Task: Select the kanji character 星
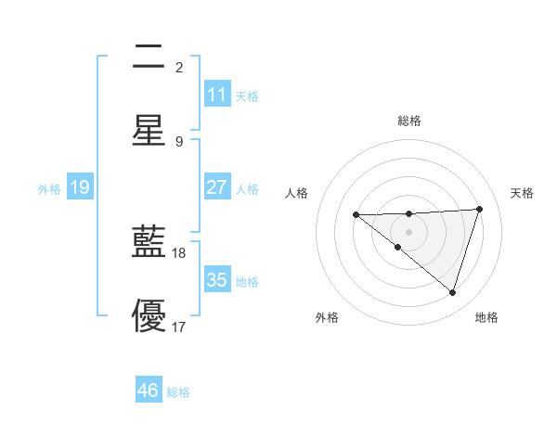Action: click(149, 130)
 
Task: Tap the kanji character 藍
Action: click(149, 244)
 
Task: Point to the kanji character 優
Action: click(149, 316)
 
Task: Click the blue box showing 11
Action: click(216, 95)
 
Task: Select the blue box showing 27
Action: click(216, 187)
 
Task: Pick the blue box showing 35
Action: click(216, 280)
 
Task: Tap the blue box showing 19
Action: click(80, 187)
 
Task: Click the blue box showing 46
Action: click(148, 391)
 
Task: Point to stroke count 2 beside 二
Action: click(178, 67)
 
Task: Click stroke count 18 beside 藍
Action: click(179, 252)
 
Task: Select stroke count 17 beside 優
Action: click(179, 326)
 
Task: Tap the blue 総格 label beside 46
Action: click(178, 392)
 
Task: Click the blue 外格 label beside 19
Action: click(49, 188)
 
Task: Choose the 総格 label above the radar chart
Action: click(409, 121)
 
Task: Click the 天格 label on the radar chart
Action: click(523, 193)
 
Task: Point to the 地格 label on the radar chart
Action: click(486, 317)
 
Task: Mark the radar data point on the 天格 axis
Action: click(479, 209)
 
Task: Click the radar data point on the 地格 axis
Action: click(452, 292)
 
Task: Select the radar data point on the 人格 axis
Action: click(356, 215)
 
